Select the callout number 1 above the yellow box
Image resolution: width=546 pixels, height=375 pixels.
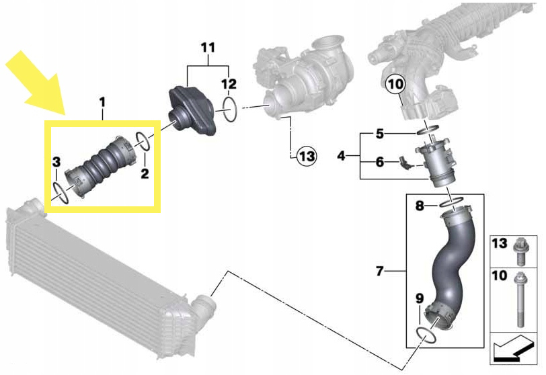(102, 101)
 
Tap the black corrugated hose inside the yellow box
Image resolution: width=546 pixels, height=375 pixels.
(101, 166)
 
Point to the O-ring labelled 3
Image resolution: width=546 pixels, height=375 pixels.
(60, 191)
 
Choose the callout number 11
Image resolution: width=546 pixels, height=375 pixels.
(208, 48)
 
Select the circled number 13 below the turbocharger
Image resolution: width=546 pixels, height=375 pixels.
(306, 157)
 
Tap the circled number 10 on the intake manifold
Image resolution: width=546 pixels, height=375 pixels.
(395, 84)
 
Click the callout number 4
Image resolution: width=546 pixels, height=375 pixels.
(341, 156)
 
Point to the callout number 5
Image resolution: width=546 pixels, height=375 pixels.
(380, 134)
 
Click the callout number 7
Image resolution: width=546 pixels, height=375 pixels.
(380, 272)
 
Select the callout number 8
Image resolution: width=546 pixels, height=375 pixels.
(420, 206)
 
